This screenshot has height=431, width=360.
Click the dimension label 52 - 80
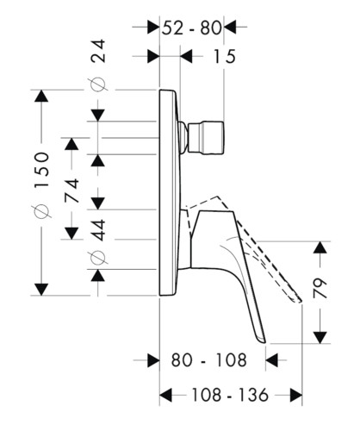coord(192,28)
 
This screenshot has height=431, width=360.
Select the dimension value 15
coord(224,56)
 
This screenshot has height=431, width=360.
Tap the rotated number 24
coord(98,51)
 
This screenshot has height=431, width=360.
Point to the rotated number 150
coord(42,170)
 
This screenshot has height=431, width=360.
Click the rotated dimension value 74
coord(71,191)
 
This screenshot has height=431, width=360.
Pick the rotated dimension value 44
coord(98,230)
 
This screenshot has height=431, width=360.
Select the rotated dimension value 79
coord(320,288)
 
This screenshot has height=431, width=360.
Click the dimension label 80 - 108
coord(209,359)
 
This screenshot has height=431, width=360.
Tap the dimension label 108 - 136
coord(230,395)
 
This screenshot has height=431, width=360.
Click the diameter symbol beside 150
coord(42,212)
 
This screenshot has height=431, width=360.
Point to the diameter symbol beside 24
coord(98,84)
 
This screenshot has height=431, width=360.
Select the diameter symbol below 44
coord(99,257)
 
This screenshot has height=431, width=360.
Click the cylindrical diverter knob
coord(206,138)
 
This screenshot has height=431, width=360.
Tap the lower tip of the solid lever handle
coord(264,342)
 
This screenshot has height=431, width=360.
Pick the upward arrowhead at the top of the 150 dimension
coord(41,96)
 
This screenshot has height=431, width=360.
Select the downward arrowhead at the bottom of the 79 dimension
coord(320,337)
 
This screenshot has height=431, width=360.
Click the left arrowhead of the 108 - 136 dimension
coord(165,395)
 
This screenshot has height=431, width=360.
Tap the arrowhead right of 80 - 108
coord(272,360)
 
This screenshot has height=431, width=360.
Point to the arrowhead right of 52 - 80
coord(230,28)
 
